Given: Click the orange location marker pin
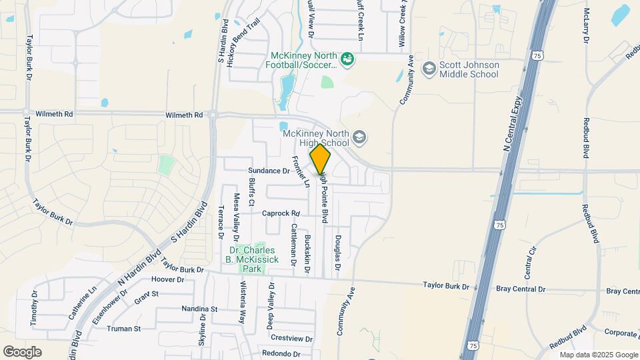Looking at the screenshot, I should coord(321,159).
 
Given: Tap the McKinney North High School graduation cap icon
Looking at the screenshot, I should coord(360,138).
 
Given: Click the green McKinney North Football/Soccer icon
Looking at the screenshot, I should coord(347,61).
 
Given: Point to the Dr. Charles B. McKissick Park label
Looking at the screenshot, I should coord(251,260).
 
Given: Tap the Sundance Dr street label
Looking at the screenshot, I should coord(269,171).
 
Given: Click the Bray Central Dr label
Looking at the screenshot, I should coord(521,290).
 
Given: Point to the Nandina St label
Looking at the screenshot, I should coord(200,309).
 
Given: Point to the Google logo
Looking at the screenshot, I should coord(22,352).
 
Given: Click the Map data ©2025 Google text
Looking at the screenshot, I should coord(598,355).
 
